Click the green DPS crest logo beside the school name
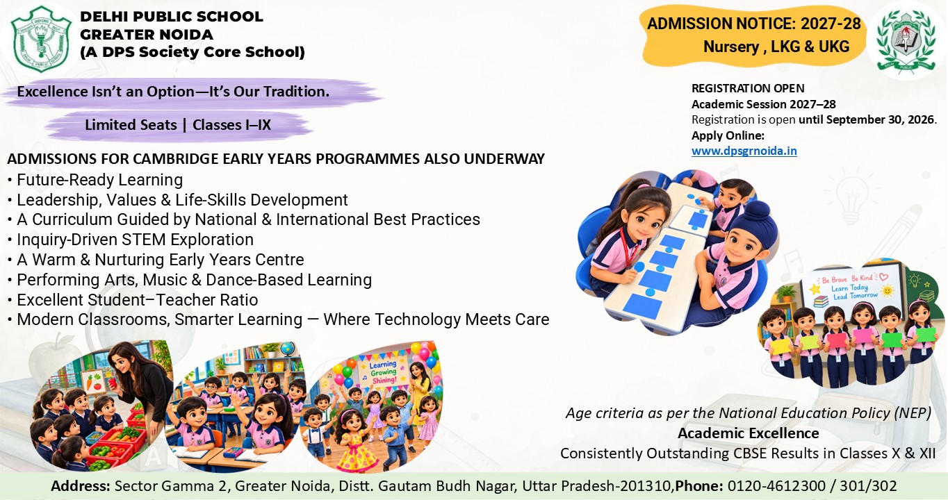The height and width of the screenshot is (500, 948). pos(40,39)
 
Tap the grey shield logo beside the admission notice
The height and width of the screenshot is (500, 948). pos(906,40)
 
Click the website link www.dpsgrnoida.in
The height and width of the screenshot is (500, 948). pos(744,151)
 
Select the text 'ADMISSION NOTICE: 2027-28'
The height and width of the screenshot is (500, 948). pos(754,24)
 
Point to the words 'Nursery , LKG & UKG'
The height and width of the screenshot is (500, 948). pos(776,47)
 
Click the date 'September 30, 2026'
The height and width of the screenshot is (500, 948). pos(880,119)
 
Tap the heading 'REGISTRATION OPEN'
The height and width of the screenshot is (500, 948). pos(748,88)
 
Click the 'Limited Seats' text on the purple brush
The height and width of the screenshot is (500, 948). pos(131,125)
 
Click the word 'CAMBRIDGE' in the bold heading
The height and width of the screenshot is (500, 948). pos(177,159)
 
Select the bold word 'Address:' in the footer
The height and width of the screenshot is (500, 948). pos(81,485)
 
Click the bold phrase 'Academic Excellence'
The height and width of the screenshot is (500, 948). pos(749,433)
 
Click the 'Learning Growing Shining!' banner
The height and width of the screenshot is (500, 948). pos(383,372)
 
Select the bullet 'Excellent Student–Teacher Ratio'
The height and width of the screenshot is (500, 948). pos(137,300)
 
